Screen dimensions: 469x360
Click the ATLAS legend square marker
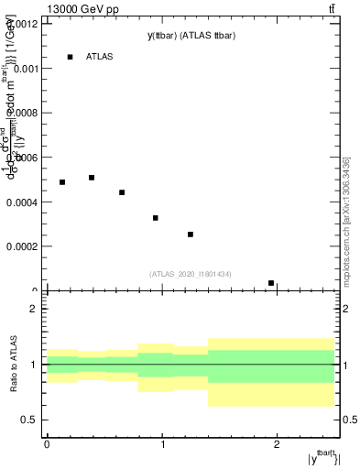coord(70,57)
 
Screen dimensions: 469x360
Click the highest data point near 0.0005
coord(92,178)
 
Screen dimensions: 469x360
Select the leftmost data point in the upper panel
coord(62,182)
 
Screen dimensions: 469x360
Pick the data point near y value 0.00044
coord(122,192)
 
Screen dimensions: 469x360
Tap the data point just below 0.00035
coord(156,218)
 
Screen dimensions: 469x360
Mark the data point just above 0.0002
coord(191,234)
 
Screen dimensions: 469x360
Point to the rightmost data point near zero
coord(271,283)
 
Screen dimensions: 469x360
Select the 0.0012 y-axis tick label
coord(24,24)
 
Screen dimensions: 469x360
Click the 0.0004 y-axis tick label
coord(24,202)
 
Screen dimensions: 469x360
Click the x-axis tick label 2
coord(277,445)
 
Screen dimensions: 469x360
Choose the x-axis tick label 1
coord(162,445)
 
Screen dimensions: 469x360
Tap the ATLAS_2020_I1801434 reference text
coord(191,274)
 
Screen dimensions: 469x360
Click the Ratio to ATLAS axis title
coord(13,365)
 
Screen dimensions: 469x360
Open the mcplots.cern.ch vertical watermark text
coord(346,234)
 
